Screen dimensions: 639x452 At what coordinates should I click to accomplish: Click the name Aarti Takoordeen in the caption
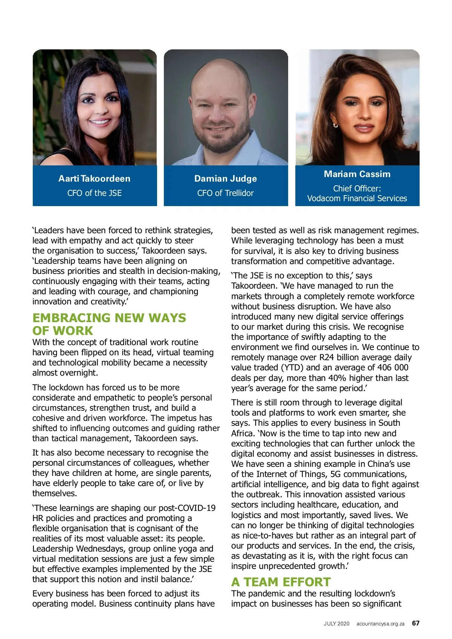coord(94,179)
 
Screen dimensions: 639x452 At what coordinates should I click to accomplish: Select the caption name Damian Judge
coord(226,179)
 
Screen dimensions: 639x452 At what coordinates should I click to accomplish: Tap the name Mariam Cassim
coord(357,174)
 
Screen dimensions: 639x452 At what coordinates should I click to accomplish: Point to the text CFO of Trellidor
coord(226,193)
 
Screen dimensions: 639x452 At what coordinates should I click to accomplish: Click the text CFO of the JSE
coord(94,193)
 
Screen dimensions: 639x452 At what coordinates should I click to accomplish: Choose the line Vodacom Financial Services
coord(357,198)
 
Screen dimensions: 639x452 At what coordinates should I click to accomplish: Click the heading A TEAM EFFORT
coord(281,582)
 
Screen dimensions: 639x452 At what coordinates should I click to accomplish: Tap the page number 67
coord(415,623)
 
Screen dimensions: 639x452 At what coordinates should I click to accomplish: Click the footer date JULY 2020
coord(336,624)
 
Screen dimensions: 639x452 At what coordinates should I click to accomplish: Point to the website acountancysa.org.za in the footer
coord(380,624)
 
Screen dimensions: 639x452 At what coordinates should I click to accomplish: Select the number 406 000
coord(389,367)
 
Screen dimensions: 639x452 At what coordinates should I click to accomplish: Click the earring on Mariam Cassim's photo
coord(335,125)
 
